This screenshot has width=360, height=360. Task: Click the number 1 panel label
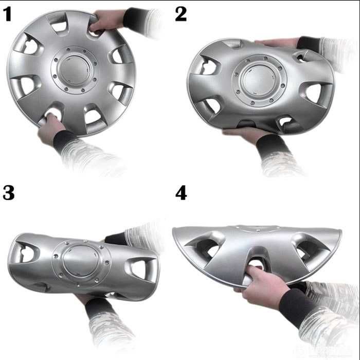point(7,14)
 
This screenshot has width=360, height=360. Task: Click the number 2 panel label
point(181,14)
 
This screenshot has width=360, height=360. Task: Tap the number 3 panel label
point(9,193)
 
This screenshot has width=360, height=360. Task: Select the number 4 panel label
point(181,193)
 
